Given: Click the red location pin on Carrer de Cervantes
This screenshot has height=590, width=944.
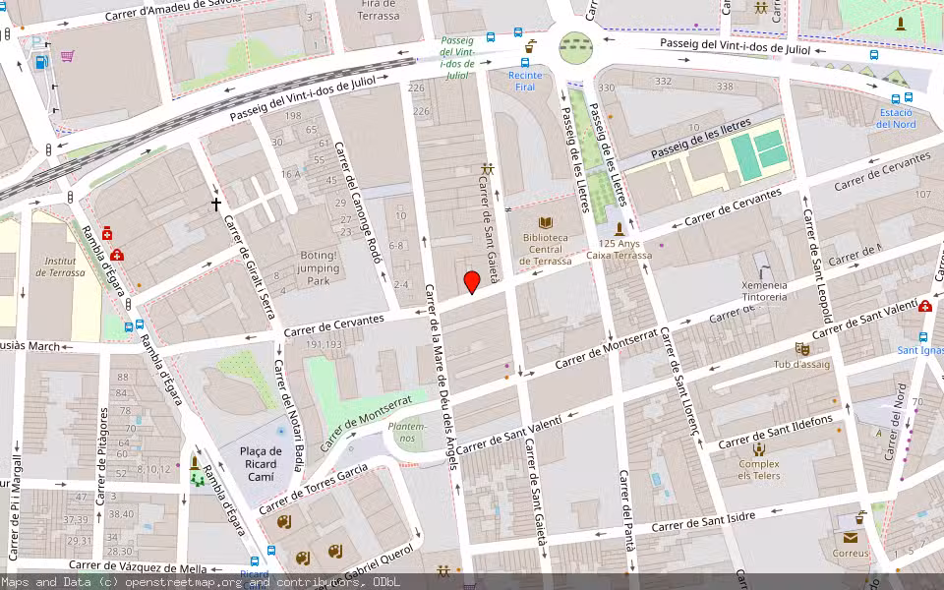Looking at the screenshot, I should point(472,281).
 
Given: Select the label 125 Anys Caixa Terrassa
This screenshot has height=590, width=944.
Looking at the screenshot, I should point(619,249).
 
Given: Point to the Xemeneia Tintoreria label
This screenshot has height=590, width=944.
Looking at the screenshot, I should point(763,291).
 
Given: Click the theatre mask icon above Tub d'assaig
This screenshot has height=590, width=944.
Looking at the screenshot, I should point(802,348).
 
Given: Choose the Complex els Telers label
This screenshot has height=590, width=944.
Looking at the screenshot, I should point(759,470).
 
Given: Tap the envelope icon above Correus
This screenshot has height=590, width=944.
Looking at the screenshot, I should point(850,537).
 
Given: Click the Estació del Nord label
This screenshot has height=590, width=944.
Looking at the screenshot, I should point(896,118).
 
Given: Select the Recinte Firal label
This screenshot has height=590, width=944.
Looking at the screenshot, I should point(525,82).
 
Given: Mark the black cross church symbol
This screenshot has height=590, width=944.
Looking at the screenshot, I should point(216,205).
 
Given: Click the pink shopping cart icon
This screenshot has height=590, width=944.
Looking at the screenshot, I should point(67,56).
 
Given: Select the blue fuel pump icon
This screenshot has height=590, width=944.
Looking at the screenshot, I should point(40,62).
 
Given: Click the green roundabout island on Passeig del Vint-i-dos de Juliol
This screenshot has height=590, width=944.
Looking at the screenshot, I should point(576,46).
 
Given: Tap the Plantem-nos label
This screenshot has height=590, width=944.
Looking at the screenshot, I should point(407,432).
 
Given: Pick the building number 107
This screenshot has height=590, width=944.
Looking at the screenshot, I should point(922,194).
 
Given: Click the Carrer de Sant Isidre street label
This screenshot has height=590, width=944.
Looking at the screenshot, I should point(703,522).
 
